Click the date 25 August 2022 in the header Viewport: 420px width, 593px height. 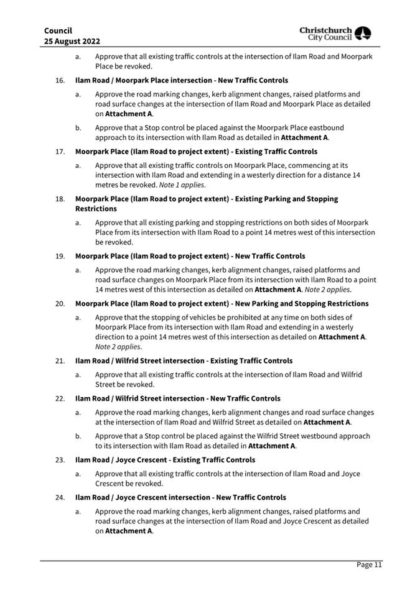click(x=73, y=41)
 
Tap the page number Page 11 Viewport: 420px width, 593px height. click(x=369, y=564)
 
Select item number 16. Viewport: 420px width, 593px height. click(x=60, y=80)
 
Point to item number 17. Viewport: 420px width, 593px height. click(x=60, y=151)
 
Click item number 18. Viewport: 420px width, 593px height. click(x=60, y=199)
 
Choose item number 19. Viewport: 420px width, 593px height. click(x=60, y=255)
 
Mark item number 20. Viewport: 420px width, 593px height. click(x=60, y=303)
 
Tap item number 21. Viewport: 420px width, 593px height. click(x=60, y=361)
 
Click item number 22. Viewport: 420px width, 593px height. click(x=60, y=398)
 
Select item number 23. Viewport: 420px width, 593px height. click(x=60, y=460)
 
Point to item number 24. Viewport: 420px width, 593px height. click(x=60, y=497)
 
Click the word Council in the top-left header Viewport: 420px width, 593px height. click(x=58, y=30)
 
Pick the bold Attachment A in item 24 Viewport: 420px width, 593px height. click(x=129, y=531)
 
